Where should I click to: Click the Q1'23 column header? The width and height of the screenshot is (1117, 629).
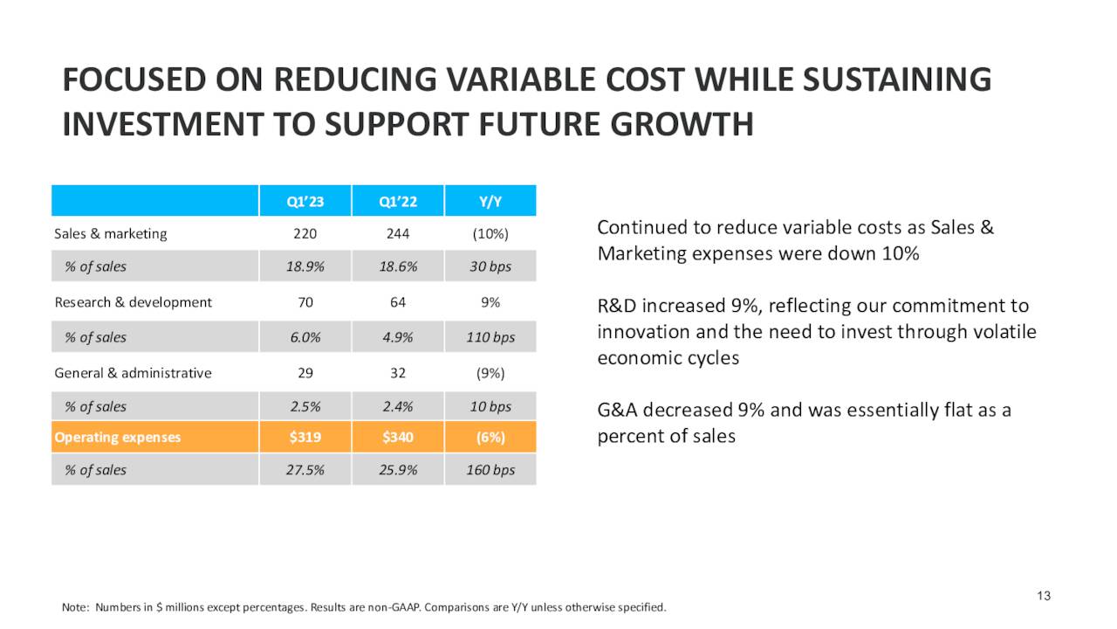tap(305, 202)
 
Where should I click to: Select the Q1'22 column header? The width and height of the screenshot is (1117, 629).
tap(398, 202)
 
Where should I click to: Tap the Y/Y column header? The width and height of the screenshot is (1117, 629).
tap(490, 202)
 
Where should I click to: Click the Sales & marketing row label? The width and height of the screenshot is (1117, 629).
tap(111, 234)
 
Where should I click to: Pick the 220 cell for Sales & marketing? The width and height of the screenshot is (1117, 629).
tap(305, 234)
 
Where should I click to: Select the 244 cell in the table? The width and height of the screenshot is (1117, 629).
tap(398, 234)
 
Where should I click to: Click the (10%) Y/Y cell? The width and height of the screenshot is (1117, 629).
tap(490, 234)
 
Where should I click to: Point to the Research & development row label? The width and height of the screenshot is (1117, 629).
tap(133, 302)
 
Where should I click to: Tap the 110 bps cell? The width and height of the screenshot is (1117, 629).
tap(490, 337)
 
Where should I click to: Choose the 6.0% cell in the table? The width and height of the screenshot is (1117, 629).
tap(305, 337)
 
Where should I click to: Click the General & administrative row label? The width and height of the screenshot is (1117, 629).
tap(133, 373)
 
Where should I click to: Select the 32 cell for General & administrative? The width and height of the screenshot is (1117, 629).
tap(398, 373)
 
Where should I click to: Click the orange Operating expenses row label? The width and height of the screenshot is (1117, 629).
tap(118, 437)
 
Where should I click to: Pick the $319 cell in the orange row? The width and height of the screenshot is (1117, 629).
tap(305, 437)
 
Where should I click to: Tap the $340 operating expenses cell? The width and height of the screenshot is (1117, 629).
tap(398, 437)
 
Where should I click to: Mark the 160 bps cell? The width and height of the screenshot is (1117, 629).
tap(490, 470)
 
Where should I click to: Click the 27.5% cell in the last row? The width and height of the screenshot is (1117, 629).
tap(305, 470)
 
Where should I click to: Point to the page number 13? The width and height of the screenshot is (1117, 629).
tap(1045, 596)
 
